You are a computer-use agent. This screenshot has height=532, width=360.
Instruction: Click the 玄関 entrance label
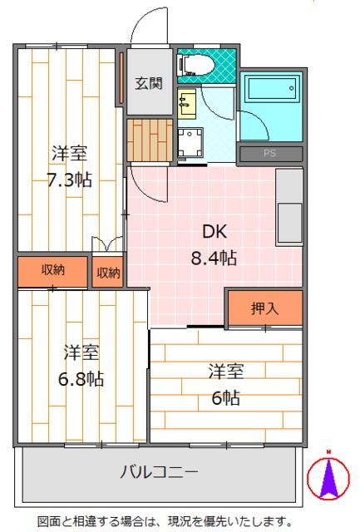tap(150, 83)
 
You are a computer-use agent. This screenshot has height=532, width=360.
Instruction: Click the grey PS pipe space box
tap(269, 153)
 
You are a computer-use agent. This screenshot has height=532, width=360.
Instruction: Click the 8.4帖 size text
tap(215, 258)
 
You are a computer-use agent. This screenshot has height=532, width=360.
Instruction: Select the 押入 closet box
tap(264, 308)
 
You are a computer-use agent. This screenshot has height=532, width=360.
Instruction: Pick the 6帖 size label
tap(225, 397)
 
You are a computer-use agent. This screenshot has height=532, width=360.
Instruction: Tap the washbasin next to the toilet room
tap(188, 103)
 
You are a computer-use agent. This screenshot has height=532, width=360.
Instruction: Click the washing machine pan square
tap(190, 142)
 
